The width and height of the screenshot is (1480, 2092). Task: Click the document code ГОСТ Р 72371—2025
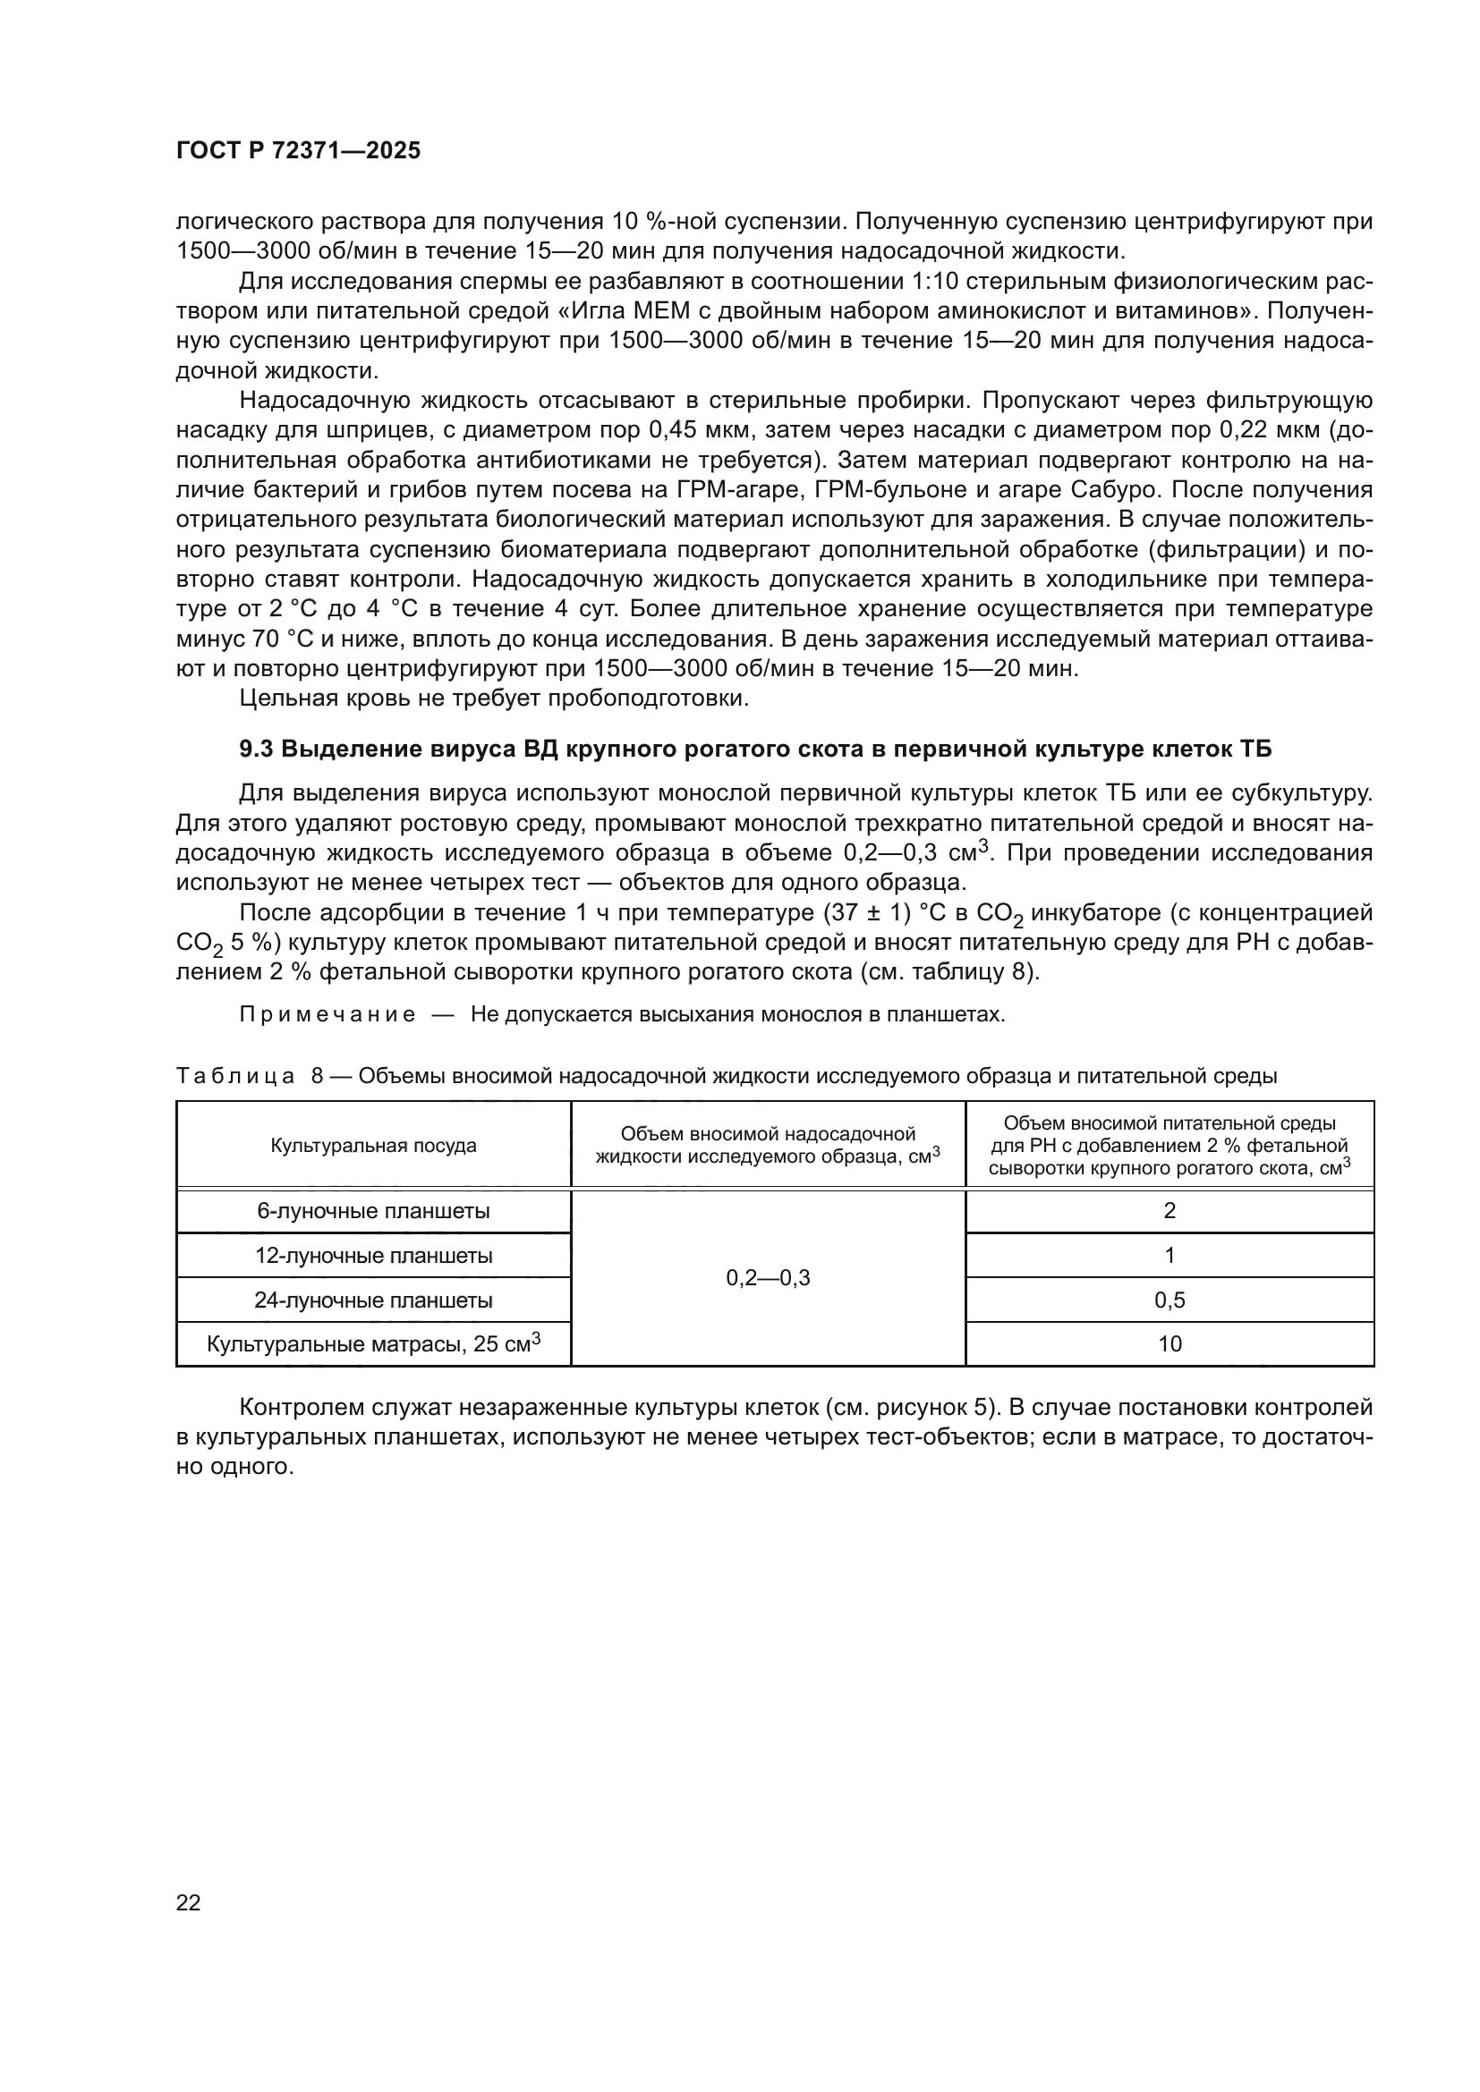click(298, 151)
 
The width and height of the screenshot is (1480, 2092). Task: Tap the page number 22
click(188, 1902)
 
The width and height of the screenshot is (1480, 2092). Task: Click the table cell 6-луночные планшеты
click(373, 1211)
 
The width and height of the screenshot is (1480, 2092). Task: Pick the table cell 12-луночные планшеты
click(373, 1256)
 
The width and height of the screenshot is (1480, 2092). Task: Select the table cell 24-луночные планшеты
click(373, 1300)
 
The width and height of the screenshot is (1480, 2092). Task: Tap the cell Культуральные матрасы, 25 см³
click(373, 1344)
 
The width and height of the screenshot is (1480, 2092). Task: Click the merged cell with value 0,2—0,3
click(768, 1278)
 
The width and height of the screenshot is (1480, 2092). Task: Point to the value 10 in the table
click(1170, 1344)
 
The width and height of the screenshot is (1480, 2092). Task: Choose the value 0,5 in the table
click(1170, 1300)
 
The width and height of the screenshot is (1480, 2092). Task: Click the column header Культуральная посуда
click(373, 1146)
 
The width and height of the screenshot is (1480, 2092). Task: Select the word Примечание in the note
click(327, 1015)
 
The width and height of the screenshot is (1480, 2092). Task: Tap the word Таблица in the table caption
click(235, 1076)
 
